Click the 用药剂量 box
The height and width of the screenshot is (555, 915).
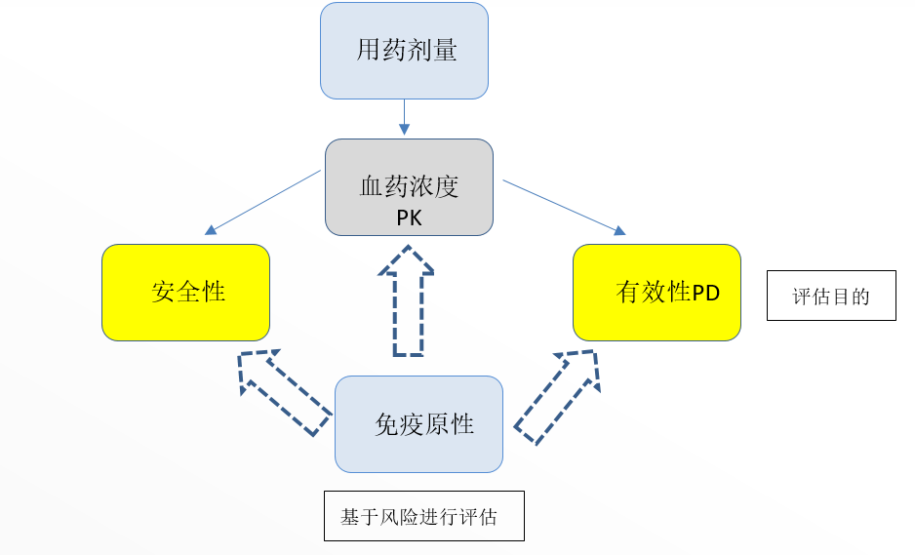coord(404,51)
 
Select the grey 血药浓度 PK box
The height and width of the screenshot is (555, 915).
coord(409,187)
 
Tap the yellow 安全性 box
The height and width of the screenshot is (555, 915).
coord(185,292)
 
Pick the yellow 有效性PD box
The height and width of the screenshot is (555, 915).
coord(656,292)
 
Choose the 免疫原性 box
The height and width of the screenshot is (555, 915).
coord(418,424)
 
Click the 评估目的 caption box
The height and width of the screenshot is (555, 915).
coord(831,297)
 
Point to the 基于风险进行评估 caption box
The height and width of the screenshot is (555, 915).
coord(424,516)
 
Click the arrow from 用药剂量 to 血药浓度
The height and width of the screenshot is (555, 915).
coord(404,118)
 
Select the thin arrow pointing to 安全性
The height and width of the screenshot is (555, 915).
coord(263,202)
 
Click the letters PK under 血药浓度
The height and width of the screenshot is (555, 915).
coord(410,218)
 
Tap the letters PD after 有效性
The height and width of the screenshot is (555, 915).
coord(706,294)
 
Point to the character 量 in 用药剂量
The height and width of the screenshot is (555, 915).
coord(445,51)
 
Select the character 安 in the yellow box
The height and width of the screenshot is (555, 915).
coord(163,292)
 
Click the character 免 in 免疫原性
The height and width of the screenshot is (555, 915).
coord(387,424)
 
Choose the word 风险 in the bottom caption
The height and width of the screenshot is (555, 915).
coord(397,517)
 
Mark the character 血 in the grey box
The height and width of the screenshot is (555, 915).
coord(372,186)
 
